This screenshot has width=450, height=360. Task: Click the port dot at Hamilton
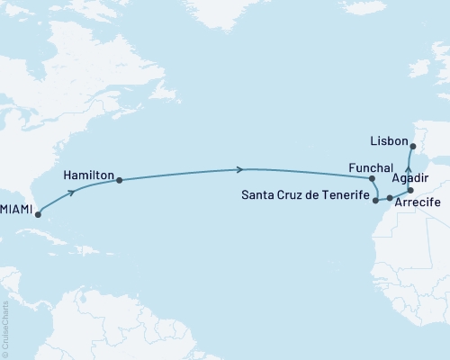tap(119, 180)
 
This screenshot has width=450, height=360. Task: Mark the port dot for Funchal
tap(372, 179)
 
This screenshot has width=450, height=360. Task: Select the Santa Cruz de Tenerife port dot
tap(375, 198)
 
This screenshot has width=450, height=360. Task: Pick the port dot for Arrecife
tap(390, 198)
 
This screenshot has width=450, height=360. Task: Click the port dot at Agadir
tap(410, 191)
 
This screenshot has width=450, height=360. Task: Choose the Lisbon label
tap(388, 142)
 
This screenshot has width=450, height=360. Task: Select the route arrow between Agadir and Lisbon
tap(407, 166)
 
